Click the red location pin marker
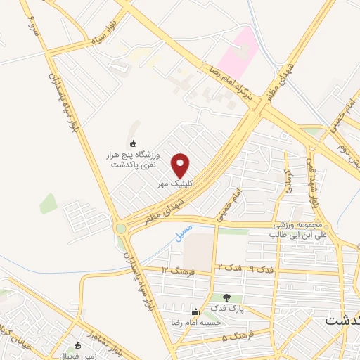pos(181,165)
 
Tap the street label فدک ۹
pos(262,270)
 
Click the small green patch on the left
pos(48,203)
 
